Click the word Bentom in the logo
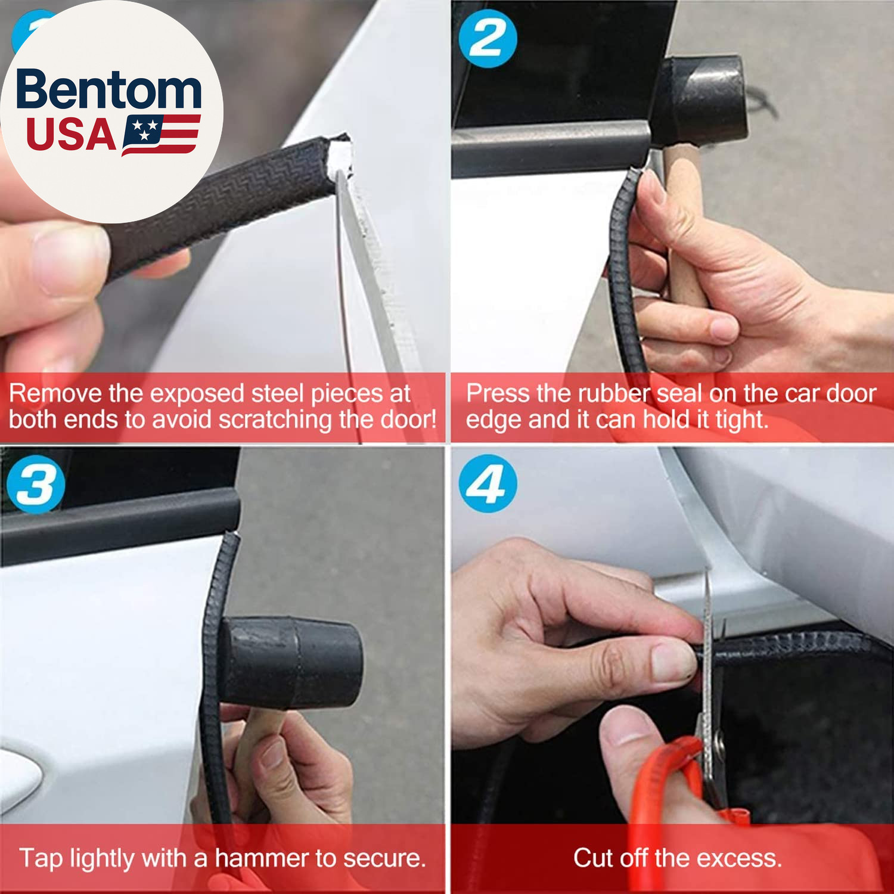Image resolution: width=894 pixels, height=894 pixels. [109, 89]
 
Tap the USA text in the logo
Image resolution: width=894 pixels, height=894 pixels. [71, 135]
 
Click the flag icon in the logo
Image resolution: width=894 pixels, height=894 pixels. [161, 135]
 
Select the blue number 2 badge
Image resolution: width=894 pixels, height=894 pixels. [488, 39]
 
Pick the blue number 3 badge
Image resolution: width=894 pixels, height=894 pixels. [36, 484]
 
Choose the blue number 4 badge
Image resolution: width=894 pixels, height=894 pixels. [488, 484]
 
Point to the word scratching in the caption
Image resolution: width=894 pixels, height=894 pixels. [275, 420]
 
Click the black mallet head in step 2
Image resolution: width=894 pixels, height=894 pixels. [700, 101]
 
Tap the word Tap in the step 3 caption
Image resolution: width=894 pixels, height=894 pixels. [41, 859]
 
